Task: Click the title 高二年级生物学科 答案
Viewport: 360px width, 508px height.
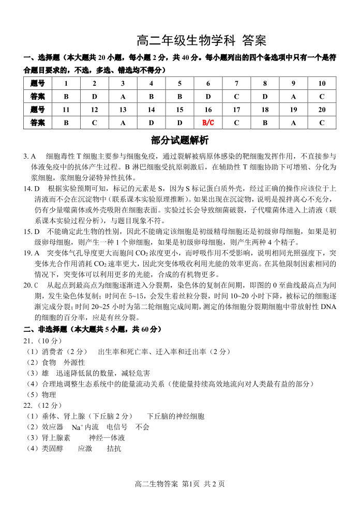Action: [201, 40]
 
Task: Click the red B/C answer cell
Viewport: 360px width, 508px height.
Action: [208, 122]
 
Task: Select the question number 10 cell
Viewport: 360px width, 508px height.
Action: [322, 83]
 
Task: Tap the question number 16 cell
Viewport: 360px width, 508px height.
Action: [208, 110]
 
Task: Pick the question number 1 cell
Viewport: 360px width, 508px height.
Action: [66, 83]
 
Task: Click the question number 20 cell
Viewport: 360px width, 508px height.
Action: [322, 110]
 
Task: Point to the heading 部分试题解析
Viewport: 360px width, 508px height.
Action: [179, 141]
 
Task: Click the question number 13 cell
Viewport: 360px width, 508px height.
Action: [123, 110]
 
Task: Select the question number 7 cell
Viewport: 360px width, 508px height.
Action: [236, 83]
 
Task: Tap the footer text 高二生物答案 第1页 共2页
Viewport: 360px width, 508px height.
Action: [179, 484]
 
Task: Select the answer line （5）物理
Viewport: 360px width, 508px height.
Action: [40, 394]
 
